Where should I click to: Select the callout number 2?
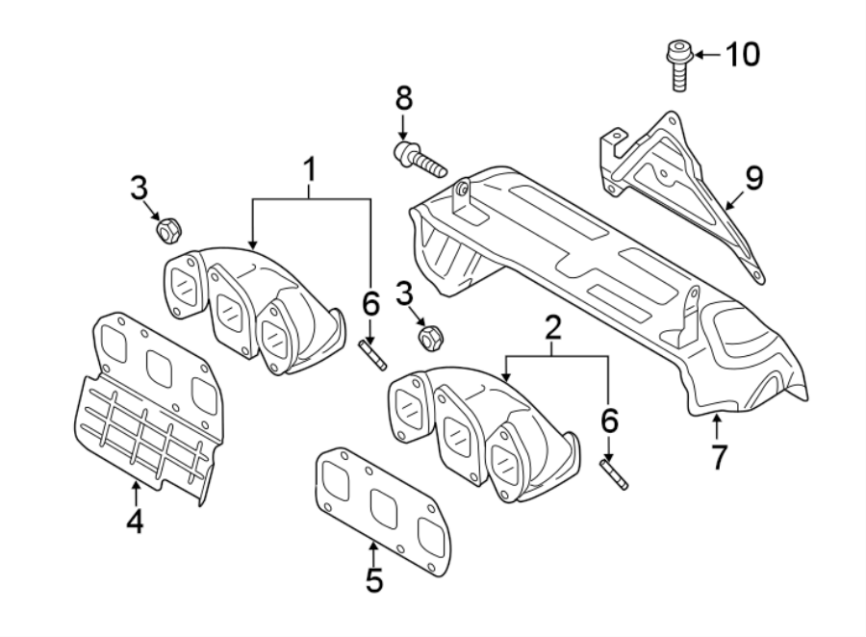[x=552, y=329]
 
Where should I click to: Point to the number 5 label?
[x=373, y=579]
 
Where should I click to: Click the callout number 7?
[x=718, y=456]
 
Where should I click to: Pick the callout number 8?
[x=403, y=97]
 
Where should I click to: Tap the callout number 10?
[x=741, y=55]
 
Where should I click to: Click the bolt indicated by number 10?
[x=677, y=64]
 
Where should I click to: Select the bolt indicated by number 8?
[x=420, y=158]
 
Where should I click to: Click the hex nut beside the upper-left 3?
[x=166, y=231]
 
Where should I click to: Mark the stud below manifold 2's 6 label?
[x=613, y=474]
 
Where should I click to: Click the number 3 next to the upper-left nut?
[x=139, y=187]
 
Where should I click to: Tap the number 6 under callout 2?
[x=609, y=420]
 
